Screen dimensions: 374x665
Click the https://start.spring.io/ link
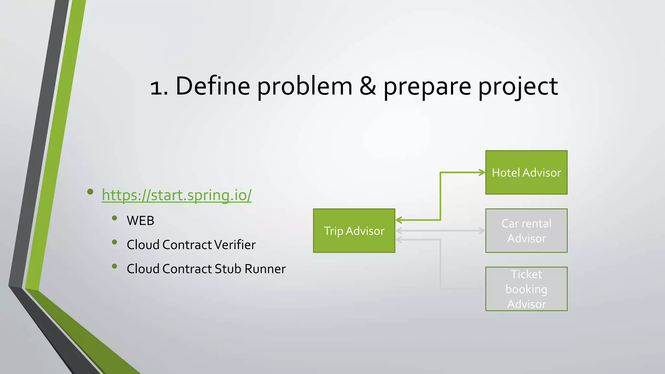pyautogui.click(x=176, y=195)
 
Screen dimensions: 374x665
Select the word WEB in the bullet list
pyautogui.click(x=140, y=221)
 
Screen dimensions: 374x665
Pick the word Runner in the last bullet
pyautogui.click(x=265, y=269)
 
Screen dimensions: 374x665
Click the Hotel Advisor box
pyautogui.click(x=526, y=172)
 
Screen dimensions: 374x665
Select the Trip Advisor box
pyautogui.click(x=354, y=231)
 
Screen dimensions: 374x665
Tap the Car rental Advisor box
pyautogui.click(x=526, y=231)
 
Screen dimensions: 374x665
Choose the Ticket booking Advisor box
pyautogui.click(x=526, y=289)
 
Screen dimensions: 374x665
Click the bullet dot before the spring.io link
pyautogui.click(x=90, y=192)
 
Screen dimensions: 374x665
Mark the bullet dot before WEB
pyautogui.click(x=114, y=218)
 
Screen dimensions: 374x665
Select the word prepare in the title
pyautogui.click(x=427, y=87)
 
